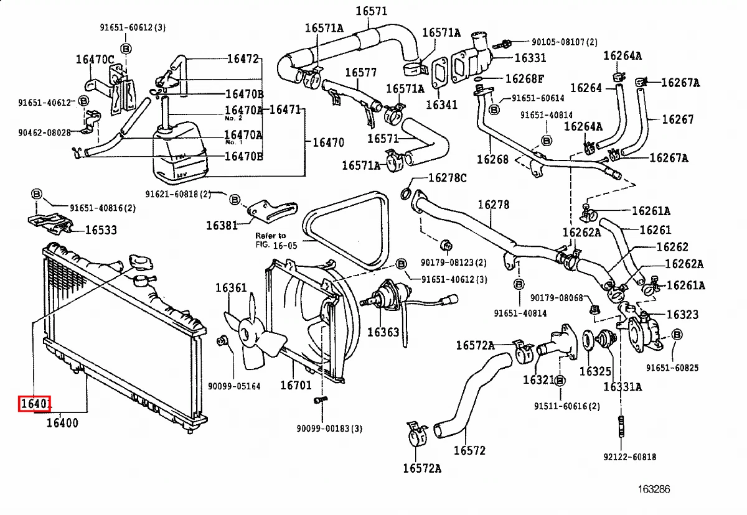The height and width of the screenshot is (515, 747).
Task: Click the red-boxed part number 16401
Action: (x=34, y=405)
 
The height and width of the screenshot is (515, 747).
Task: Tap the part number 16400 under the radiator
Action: (x=62, y=424)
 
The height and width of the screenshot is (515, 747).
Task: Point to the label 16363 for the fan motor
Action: (x=383, y=332)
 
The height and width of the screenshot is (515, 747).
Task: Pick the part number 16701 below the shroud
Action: (x=296, y=386)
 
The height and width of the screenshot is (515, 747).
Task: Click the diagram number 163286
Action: (x=653, y=489)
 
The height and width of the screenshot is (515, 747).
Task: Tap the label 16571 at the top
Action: (x=372, y=11)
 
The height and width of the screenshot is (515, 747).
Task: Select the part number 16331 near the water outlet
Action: (x=530, y=58)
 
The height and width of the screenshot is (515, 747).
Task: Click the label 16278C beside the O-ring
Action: (x=447, y=179)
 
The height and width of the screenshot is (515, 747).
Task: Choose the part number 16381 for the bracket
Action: (x=222, y=225)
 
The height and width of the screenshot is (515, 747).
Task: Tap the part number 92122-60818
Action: (x=629, y=457)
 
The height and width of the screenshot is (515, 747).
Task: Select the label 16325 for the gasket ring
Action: (x=595, y=371)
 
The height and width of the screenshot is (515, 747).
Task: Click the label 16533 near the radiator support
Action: (x=100, y=230)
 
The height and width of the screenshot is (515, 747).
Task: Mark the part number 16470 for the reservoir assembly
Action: (x=328, y=142)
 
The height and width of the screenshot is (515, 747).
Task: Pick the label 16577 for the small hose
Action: (x=360, y=72)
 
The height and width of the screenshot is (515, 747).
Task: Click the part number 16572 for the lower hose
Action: (x=469, y=450)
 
